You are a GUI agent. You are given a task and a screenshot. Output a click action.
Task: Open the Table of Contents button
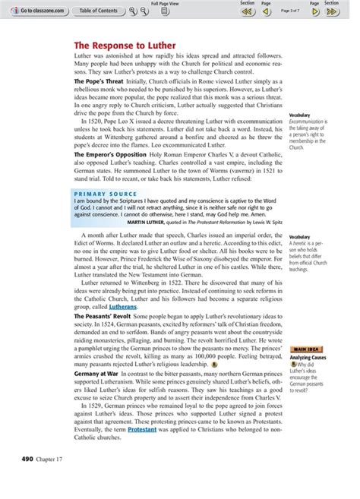[x=98, y=11]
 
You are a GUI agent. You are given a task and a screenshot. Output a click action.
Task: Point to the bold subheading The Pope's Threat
[x=99, y=80]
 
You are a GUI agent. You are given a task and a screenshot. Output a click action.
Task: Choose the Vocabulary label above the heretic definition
[x=300, y=237]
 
